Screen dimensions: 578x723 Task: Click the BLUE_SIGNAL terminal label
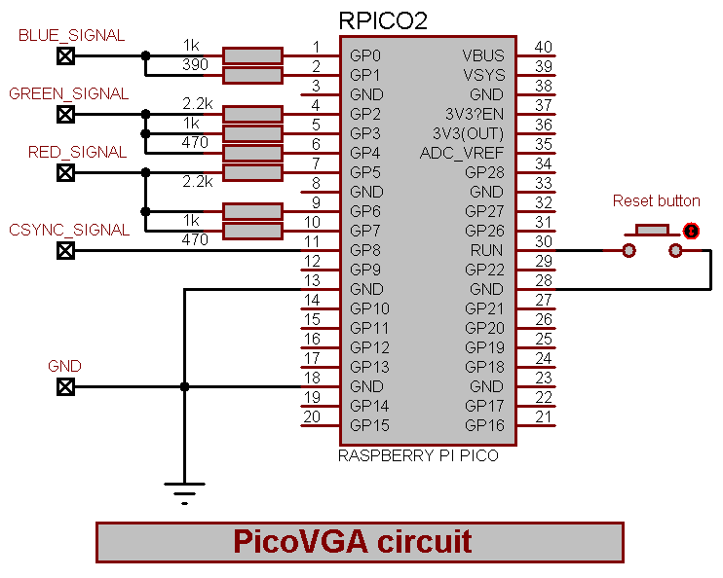pyautogui.click(x=72, y=36)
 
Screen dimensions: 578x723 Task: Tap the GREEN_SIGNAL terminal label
pyautogui.click(x=69, y=94)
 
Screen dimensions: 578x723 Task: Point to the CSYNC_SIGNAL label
pyautogui.click(x=69, y=231)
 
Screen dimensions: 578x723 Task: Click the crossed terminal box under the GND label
pyautogui.click(x=65, y=387)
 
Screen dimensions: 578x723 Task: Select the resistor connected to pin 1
pyautogui.click(x=252, y=55)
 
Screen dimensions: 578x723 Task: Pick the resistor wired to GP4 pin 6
pyautogui.click(x=252, y=153)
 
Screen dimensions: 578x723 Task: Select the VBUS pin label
pyautogui.click(x=483, y=55)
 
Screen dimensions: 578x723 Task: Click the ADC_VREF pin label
pyautogui.click(x=462, y=153)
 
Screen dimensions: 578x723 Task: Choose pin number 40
pyautogui.click(x=543, y=47)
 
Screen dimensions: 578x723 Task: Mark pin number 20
pyautogui.click(x=312, y=416)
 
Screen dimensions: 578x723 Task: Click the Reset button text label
pyautogui.click(x=656, y=201)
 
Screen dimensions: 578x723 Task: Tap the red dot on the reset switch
pyautogui.click(x=691, y=231)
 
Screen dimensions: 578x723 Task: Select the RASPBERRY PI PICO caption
pyautogui.click(x=418, y=455)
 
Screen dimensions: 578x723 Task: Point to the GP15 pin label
pyautogui.click(x=369, y=425)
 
